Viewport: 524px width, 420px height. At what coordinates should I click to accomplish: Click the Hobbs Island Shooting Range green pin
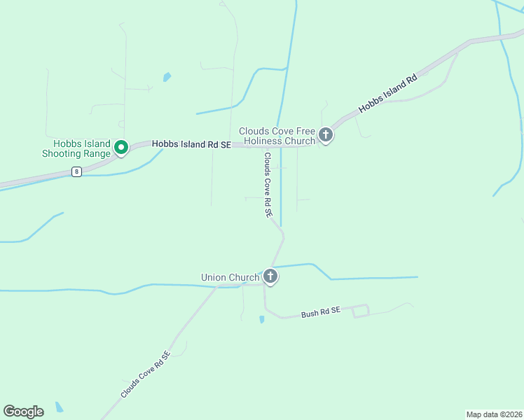120,148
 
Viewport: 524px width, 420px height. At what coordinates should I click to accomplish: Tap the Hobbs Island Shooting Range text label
76,149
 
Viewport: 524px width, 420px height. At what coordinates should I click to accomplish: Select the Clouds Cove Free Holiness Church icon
325,134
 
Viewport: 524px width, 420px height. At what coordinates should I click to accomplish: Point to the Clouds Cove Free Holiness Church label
277,136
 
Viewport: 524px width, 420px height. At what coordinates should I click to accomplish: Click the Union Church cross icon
270,276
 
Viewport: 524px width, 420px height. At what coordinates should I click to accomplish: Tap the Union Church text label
230,278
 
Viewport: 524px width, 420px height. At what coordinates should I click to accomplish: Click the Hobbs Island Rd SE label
191,143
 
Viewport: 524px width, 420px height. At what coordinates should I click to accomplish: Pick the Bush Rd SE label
320,313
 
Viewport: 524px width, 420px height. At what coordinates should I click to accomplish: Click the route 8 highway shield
76,171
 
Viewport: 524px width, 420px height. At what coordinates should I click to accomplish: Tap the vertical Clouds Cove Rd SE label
268,187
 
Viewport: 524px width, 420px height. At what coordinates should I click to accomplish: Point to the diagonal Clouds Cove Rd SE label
145,375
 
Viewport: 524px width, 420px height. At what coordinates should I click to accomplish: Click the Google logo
23,412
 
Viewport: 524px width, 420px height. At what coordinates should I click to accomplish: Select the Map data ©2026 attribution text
494,414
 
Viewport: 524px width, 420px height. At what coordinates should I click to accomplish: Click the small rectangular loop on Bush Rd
360,311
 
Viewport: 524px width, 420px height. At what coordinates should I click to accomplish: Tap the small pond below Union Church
261,319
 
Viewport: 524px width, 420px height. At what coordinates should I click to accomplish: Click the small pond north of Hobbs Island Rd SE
167,77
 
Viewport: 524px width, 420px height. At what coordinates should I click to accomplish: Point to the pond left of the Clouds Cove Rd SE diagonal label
59,406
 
